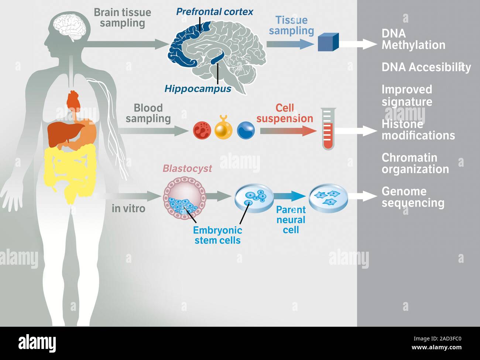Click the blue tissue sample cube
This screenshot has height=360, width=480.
click(x=328, y=42)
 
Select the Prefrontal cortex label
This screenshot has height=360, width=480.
click(x=215, y=12)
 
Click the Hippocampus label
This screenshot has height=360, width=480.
click(x=198, y=89)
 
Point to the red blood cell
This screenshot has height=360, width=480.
click(x=202, y=130)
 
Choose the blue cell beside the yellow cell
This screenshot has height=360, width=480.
click(x=246, y=130)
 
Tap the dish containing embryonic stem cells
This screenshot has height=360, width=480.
click(x=254, y=198)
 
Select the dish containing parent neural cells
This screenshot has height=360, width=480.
click(x=328, y=198)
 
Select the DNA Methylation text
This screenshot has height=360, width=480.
click(x=413, y=39)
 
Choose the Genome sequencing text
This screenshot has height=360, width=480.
click(x=412, y=197)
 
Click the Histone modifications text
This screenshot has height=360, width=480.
click(x=418, y=130)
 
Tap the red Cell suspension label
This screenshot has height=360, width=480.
click(x=285, y=113)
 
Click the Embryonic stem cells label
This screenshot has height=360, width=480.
click(x=217, y=235)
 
